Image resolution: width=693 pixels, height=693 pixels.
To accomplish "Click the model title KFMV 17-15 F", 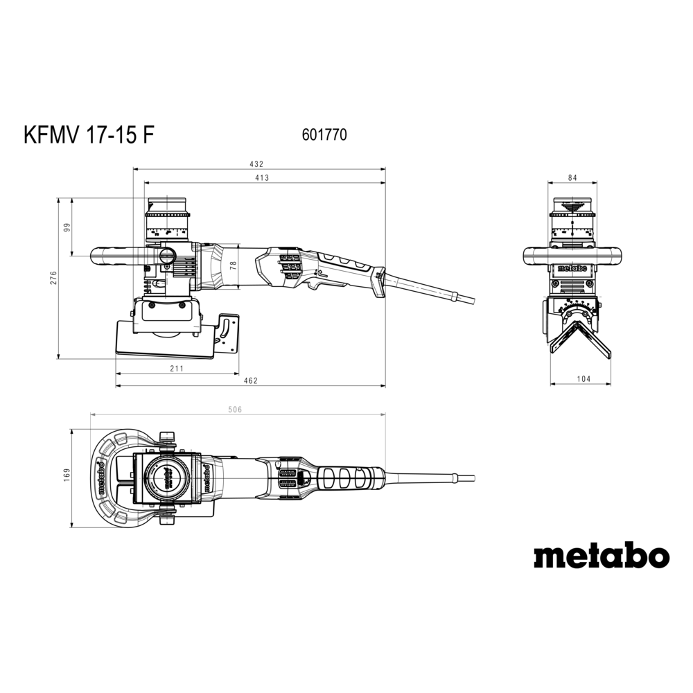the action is click(89, 134).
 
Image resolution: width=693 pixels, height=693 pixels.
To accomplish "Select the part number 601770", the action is click(324, 134).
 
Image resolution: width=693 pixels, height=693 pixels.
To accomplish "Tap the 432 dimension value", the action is click(256, 164).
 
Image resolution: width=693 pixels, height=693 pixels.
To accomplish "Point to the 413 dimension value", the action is click(262, 177).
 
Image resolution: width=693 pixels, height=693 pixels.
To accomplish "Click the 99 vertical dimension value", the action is click(67, 227).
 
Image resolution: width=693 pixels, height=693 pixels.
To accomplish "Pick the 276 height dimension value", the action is click(53, 278).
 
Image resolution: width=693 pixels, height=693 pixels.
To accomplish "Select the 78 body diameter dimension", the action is click(234, 265).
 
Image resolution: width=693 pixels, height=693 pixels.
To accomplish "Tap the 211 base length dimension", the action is click(176, 368).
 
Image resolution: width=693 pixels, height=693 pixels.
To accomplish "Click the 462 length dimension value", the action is click(251, 380).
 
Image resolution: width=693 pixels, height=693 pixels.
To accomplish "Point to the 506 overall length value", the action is click(235, 410).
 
